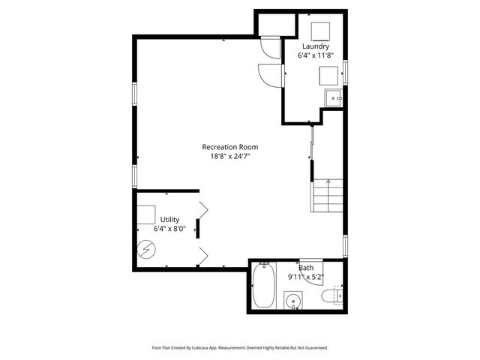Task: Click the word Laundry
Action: tap(315, 46)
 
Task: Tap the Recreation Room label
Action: tap(230, 146)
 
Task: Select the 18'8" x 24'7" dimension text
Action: tap(230, 156)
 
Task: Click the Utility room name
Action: tap(169, 219)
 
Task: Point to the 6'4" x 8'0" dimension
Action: tap(169, 229)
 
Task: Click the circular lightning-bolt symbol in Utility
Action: tap(148, 248)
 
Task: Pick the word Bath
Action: tap(306, 268)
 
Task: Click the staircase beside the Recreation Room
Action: tap(327, 197)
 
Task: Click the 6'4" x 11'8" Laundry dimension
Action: tap(315, 55)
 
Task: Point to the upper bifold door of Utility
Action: tap(203, 208)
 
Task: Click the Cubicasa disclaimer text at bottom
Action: tap(239, 348)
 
